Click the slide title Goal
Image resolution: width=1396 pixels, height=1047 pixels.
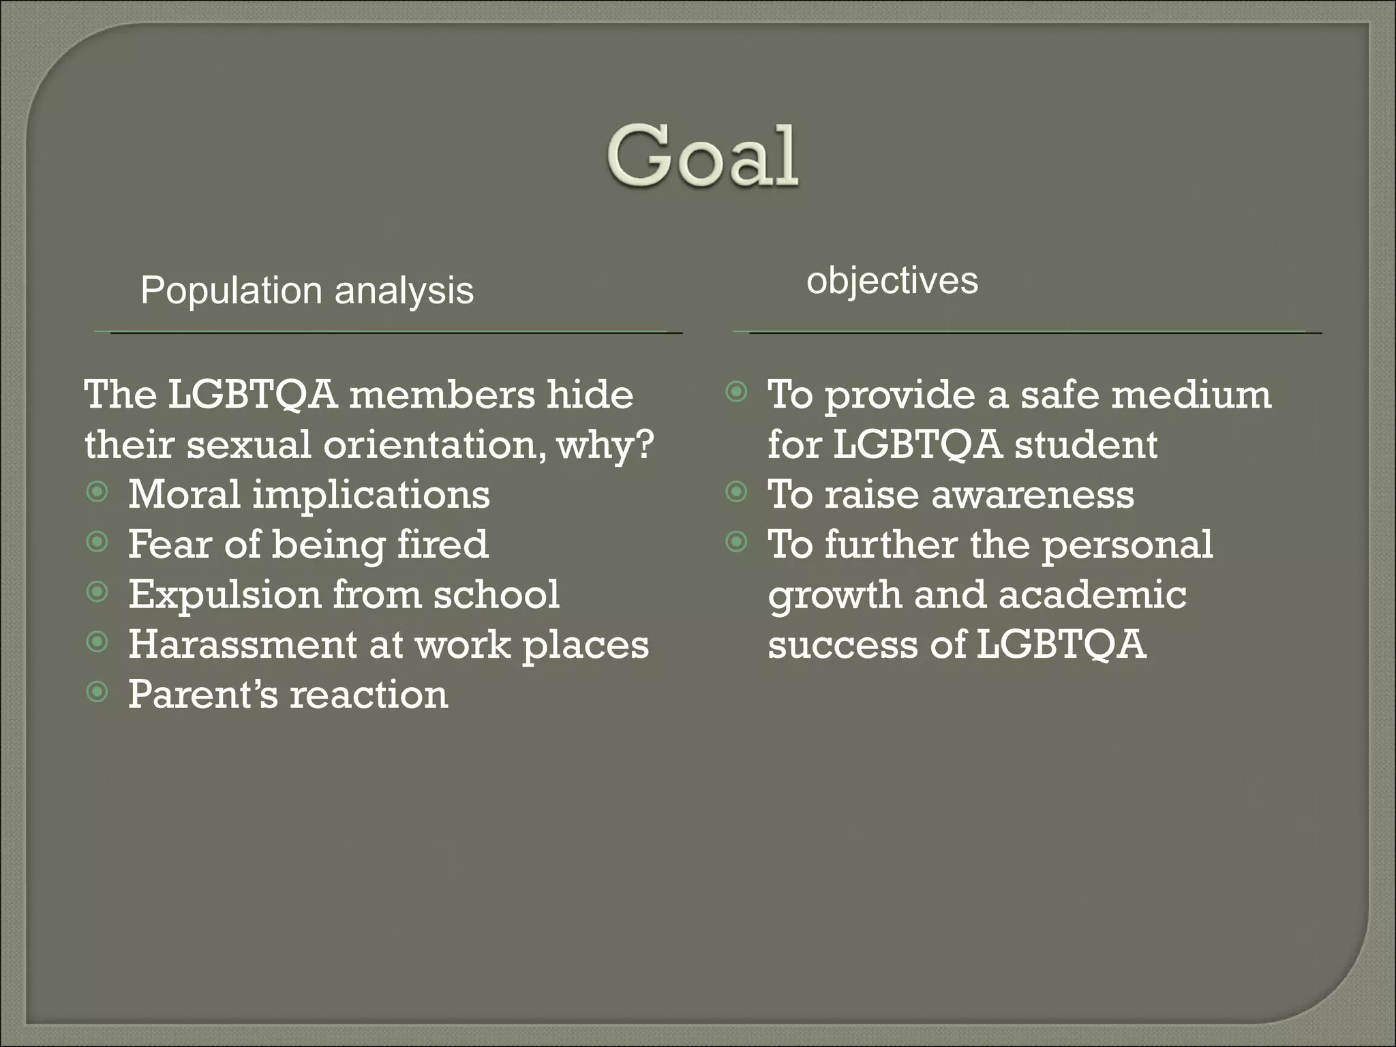702,157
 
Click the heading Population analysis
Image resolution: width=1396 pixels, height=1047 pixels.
307,291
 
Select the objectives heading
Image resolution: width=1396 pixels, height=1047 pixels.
892,281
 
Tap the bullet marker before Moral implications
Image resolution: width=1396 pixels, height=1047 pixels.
98,492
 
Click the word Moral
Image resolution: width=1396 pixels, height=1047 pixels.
184,494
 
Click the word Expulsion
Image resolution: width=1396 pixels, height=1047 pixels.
224,594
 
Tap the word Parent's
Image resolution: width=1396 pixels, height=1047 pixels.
203,695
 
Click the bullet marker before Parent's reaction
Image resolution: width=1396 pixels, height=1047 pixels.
98,693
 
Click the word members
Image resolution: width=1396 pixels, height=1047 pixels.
442,395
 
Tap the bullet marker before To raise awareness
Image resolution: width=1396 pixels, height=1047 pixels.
736,492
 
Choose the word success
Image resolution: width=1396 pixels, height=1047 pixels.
843,644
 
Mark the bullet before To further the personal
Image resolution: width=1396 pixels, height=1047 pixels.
736,543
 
